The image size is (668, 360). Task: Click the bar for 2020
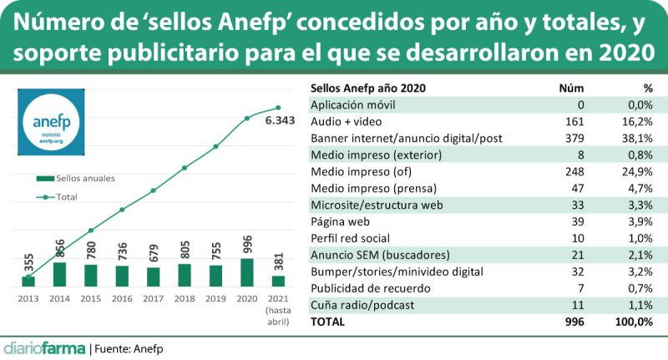247,272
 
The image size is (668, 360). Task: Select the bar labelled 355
28,281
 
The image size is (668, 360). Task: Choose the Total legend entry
67,197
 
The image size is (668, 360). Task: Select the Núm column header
569,88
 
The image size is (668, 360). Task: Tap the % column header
647,88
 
